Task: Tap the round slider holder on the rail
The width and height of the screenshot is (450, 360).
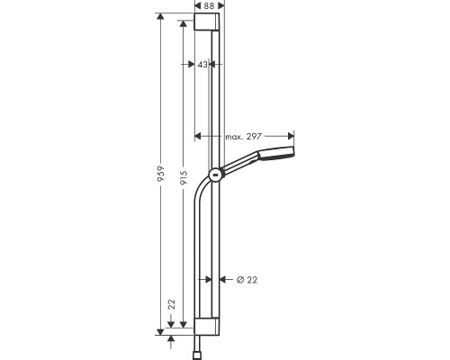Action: [x=214, y=175]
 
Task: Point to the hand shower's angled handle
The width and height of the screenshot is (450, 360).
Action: [x=241, y=163]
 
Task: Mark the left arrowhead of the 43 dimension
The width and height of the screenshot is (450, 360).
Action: [x=196, y=65]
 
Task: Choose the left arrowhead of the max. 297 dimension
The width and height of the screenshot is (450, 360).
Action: [x=198, y=136]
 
